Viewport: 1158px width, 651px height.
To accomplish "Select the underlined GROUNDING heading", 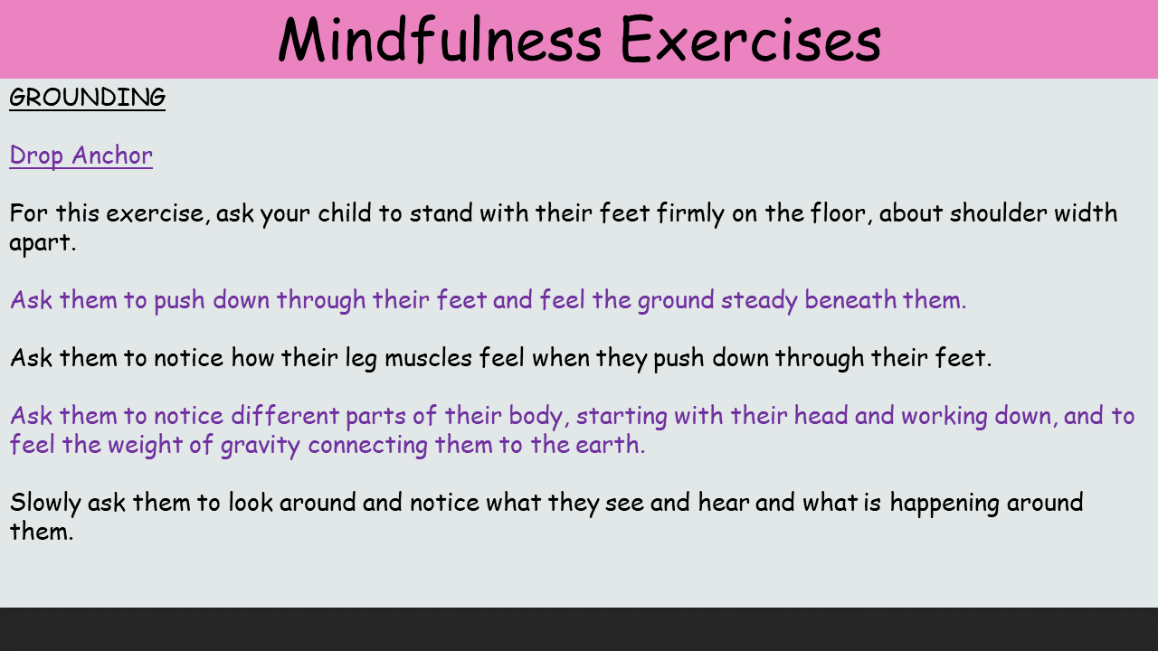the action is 88,98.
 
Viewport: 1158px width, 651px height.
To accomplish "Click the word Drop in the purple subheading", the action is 36,156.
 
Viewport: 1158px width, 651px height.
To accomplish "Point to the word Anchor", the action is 112,155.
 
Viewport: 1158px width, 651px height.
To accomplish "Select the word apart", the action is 43,243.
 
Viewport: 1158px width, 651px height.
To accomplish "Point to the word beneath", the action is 850,299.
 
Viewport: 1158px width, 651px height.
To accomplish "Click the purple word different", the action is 284,415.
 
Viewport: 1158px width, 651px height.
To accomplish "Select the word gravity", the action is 260,446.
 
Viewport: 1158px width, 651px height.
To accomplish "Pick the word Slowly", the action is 45,504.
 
